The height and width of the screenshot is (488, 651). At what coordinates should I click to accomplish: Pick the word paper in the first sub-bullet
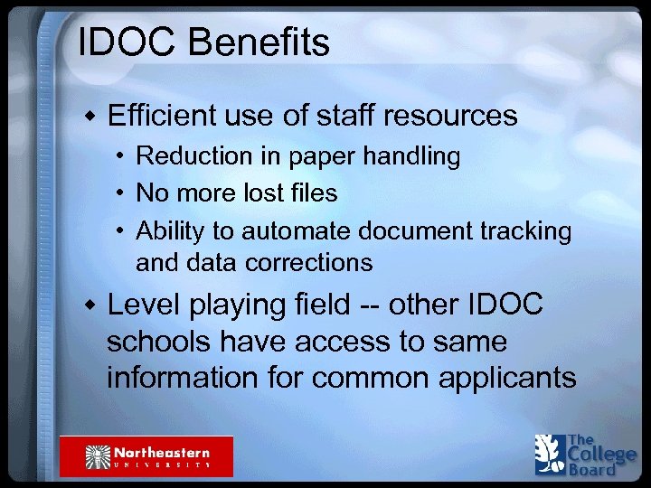[x=320, y=156]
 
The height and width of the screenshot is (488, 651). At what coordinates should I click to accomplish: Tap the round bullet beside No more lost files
[x=119, y=193]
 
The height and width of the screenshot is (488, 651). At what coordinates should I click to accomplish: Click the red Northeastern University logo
[x=146, y=456]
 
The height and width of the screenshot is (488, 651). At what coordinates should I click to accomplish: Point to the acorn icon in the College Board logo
[x=547, y=455]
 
